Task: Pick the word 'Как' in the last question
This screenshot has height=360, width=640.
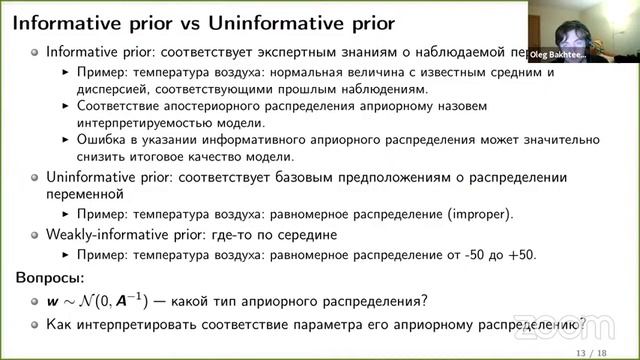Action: [46, 323]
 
